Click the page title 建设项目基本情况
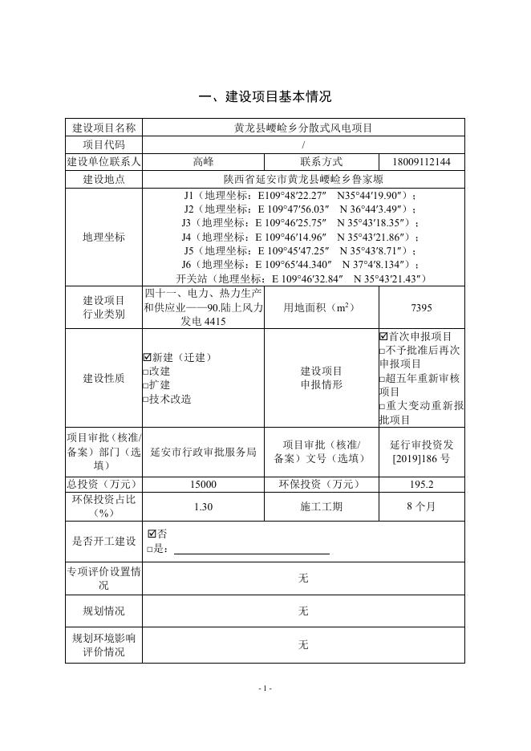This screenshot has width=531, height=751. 265,97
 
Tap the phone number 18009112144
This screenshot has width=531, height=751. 422,162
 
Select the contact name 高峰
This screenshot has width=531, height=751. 203,162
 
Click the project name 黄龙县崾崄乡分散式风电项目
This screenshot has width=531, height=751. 303,128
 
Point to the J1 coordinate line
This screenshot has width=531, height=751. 300,195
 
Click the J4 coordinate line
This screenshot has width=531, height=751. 300,237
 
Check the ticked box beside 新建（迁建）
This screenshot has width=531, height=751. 148,357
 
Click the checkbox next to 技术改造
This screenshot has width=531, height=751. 146,399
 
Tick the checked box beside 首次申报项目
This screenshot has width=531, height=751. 383,335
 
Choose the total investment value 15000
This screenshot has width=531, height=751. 203,485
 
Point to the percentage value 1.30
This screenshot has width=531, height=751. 203,507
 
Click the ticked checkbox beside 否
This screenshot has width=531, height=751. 152,534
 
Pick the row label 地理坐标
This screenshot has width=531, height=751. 104,237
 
